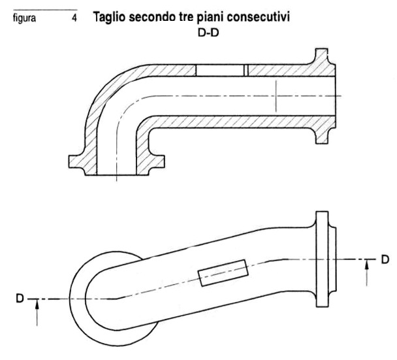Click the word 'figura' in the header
(24, 18)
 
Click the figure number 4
(74, 18)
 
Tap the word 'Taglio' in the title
(110, 18)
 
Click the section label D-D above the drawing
(208, 33)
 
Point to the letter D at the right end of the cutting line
(385, 259)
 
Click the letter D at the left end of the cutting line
(20, 298)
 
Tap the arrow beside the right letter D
(367, 273)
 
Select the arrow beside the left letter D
(37, 312)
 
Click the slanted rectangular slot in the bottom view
(223, 273)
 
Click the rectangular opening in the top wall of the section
(220, 70)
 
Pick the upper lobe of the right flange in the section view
(322, 57)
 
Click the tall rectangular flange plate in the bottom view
(323, 259)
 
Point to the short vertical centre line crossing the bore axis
(276, 96)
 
